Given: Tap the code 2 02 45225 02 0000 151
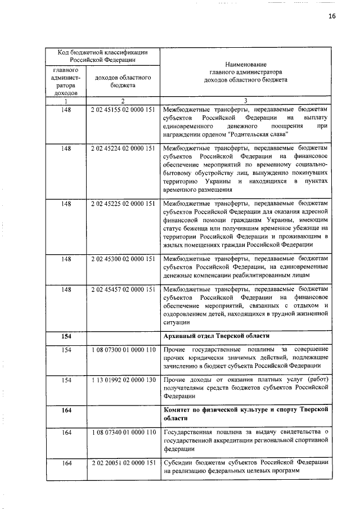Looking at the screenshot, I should click(122, 204).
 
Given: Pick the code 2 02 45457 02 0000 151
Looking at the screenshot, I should click(122, 289).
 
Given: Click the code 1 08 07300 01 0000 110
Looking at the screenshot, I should click(122, 350).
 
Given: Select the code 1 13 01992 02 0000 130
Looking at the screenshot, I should click(122, 380).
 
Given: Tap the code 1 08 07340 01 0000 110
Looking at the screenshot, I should click(122, 432).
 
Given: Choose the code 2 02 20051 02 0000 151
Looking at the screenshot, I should click(122, 462).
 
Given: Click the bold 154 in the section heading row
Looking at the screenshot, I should click(66, 336).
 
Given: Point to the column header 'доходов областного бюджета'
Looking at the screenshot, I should click(122, 82).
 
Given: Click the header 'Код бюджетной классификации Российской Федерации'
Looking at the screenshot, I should click(102, 55).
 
